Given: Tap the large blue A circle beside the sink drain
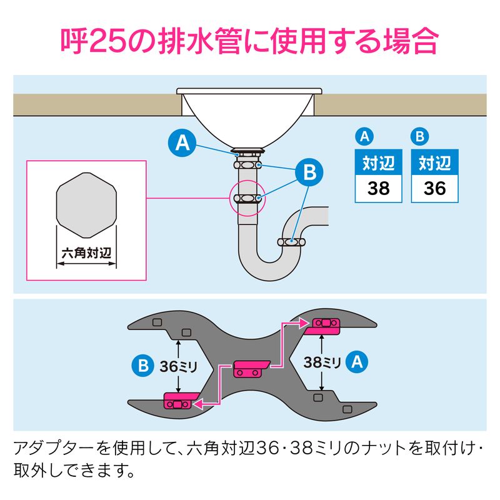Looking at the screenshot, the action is coord(182,142).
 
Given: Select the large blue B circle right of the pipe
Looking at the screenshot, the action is coord(309,172).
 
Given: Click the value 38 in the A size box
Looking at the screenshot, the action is coord(379,189).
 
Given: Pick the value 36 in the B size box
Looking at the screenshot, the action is coord(434,189).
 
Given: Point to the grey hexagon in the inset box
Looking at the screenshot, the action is coord(86,206).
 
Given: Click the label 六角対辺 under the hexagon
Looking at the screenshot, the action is coord(86,253).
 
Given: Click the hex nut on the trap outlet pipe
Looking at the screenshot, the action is coord(291,242).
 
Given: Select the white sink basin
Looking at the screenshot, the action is coord(249,116).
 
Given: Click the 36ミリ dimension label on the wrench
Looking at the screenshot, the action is coord(179,366).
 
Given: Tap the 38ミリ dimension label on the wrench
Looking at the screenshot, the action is coord(322,362).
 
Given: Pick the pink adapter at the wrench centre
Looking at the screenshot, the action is coord(252,369).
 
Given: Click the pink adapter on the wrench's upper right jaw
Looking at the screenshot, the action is coord(322,326).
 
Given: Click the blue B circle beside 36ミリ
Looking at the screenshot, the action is coord(142,366).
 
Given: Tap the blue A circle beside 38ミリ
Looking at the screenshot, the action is coord(357,362).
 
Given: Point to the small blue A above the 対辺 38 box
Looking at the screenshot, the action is coord(364,136).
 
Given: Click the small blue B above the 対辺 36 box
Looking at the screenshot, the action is coord(420,136).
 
